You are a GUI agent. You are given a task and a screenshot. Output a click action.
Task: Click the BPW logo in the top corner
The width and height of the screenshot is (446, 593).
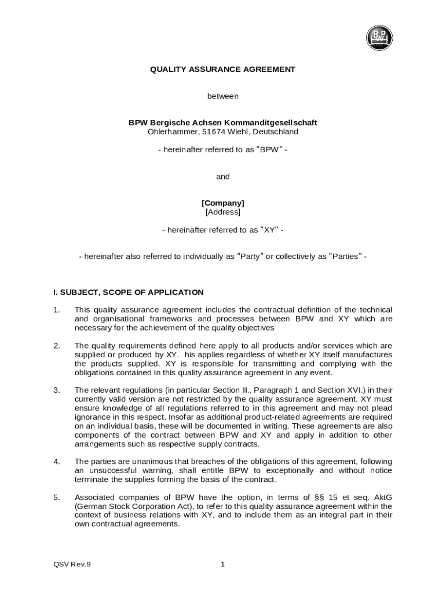point(379,38)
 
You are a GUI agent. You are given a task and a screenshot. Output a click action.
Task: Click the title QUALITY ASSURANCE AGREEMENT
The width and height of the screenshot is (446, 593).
point(222,69)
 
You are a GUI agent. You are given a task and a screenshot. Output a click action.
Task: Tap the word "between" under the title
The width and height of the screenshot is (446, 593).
point(223,96)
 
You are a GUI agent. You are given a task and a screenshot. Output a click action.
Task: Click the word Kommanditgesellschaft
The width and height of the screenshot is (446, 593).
point(271,123)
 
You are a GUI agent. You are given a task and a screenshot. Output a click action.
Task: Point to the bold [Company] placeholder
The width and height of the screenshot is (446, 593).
point(223,203)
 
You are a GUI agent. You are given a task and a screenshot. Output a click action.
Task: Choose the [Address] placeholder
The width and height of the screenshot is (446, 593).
point(223,212)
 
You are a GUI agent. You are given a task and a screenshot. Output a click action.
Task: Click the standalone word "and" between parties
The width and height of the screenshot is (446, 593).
point(223,177)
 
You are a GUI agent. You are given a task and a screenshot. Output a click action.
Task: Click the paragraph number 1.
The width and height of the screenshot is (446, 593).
point(57,310)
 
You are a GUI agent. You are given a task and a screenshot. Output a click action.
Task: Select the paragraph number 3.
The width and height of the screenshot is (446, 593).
point(57,390)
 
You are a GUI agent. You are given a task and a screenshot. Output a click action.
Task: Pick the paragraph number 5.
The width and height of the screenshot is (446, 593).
point(57,497)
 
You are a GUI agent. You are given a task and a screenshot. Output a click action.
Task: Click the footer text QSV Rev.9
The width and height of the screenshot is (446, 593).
point(72,565)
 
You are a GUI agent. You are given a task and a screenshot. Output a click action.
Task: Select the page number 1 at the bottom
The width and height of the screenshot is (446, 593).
point(223,565)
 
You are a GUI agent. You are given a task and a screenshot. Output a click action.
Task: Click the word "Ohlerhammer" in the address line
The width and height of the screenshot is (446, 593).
point(172,132)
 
